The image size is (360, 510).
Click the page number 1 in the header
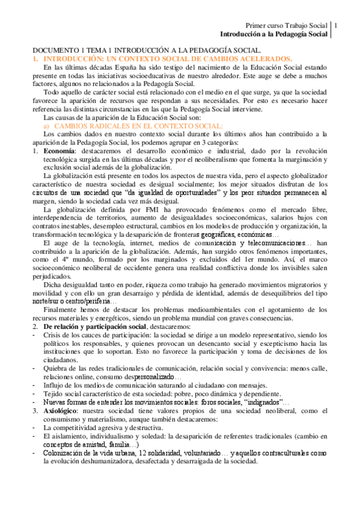(x=336, y=26)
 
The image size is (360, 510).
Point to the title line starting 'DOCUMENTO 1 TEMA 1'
(x=147, y=50)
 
